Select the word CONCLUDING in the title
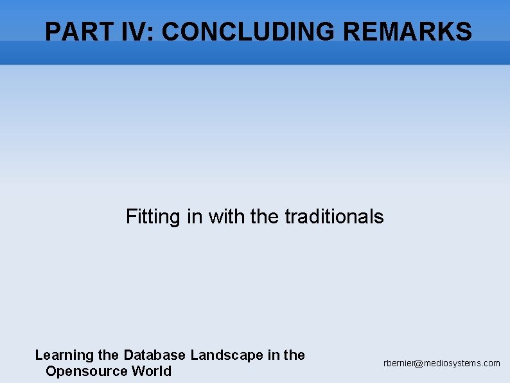(247, 32)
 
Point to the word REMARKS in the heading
(407, 32)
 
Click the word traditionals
(334, 217)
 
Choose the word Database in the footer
(155, 355)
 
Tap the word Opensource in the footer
(87, 371)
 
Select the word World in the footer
(152, 371)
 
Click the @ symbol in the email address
(419, 364)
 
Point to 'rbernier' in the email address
(399, 364)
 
